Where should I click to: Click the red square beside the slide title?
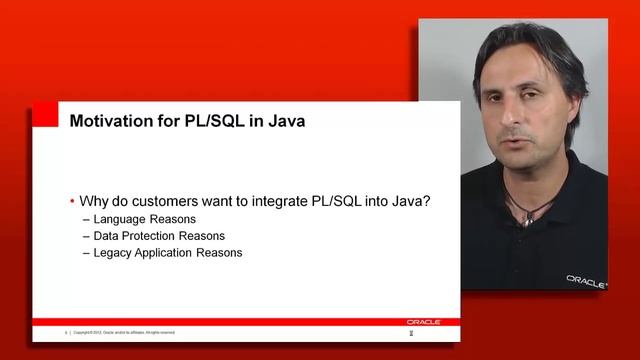pos(44,116)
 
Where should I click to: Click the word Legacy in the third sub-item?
pos(113,252)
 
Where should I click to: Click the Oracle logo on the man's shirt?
pos(586,281)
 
